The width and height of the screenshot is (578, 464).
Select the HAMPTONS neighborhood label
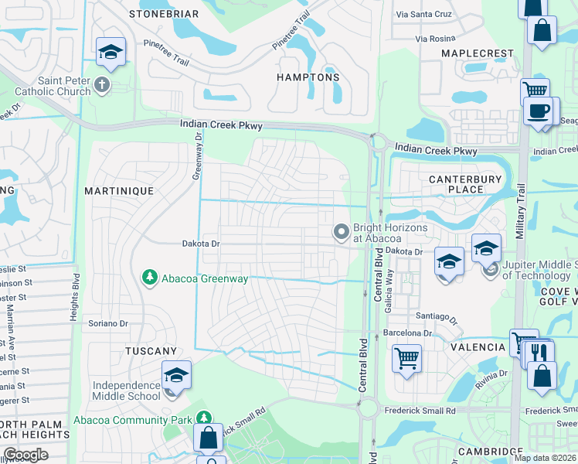tap(308, 78)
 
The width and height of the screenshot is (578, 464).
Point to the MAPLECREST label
tap(477, 53)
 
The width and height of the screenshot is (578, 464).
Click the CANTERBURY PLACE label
tap(465, 184)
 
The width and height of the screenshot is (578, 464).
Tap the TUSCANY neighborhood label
tap(151, 351)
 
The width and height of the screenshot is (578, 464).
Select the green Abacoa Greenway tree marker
tap(148, 277)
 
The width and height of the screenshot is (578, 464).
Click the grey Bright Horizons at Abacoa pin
tap(341, 232)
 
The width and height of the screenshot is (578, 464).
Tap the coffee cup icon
tap(538, 111)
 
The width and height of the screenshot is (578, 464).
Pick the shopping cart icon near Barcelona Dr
tap(406, 358)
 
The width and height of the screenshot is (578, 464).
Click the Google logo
tap(25, 454)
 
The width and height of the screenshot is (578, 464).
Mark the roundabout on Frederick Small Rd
tap(366, 408)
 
